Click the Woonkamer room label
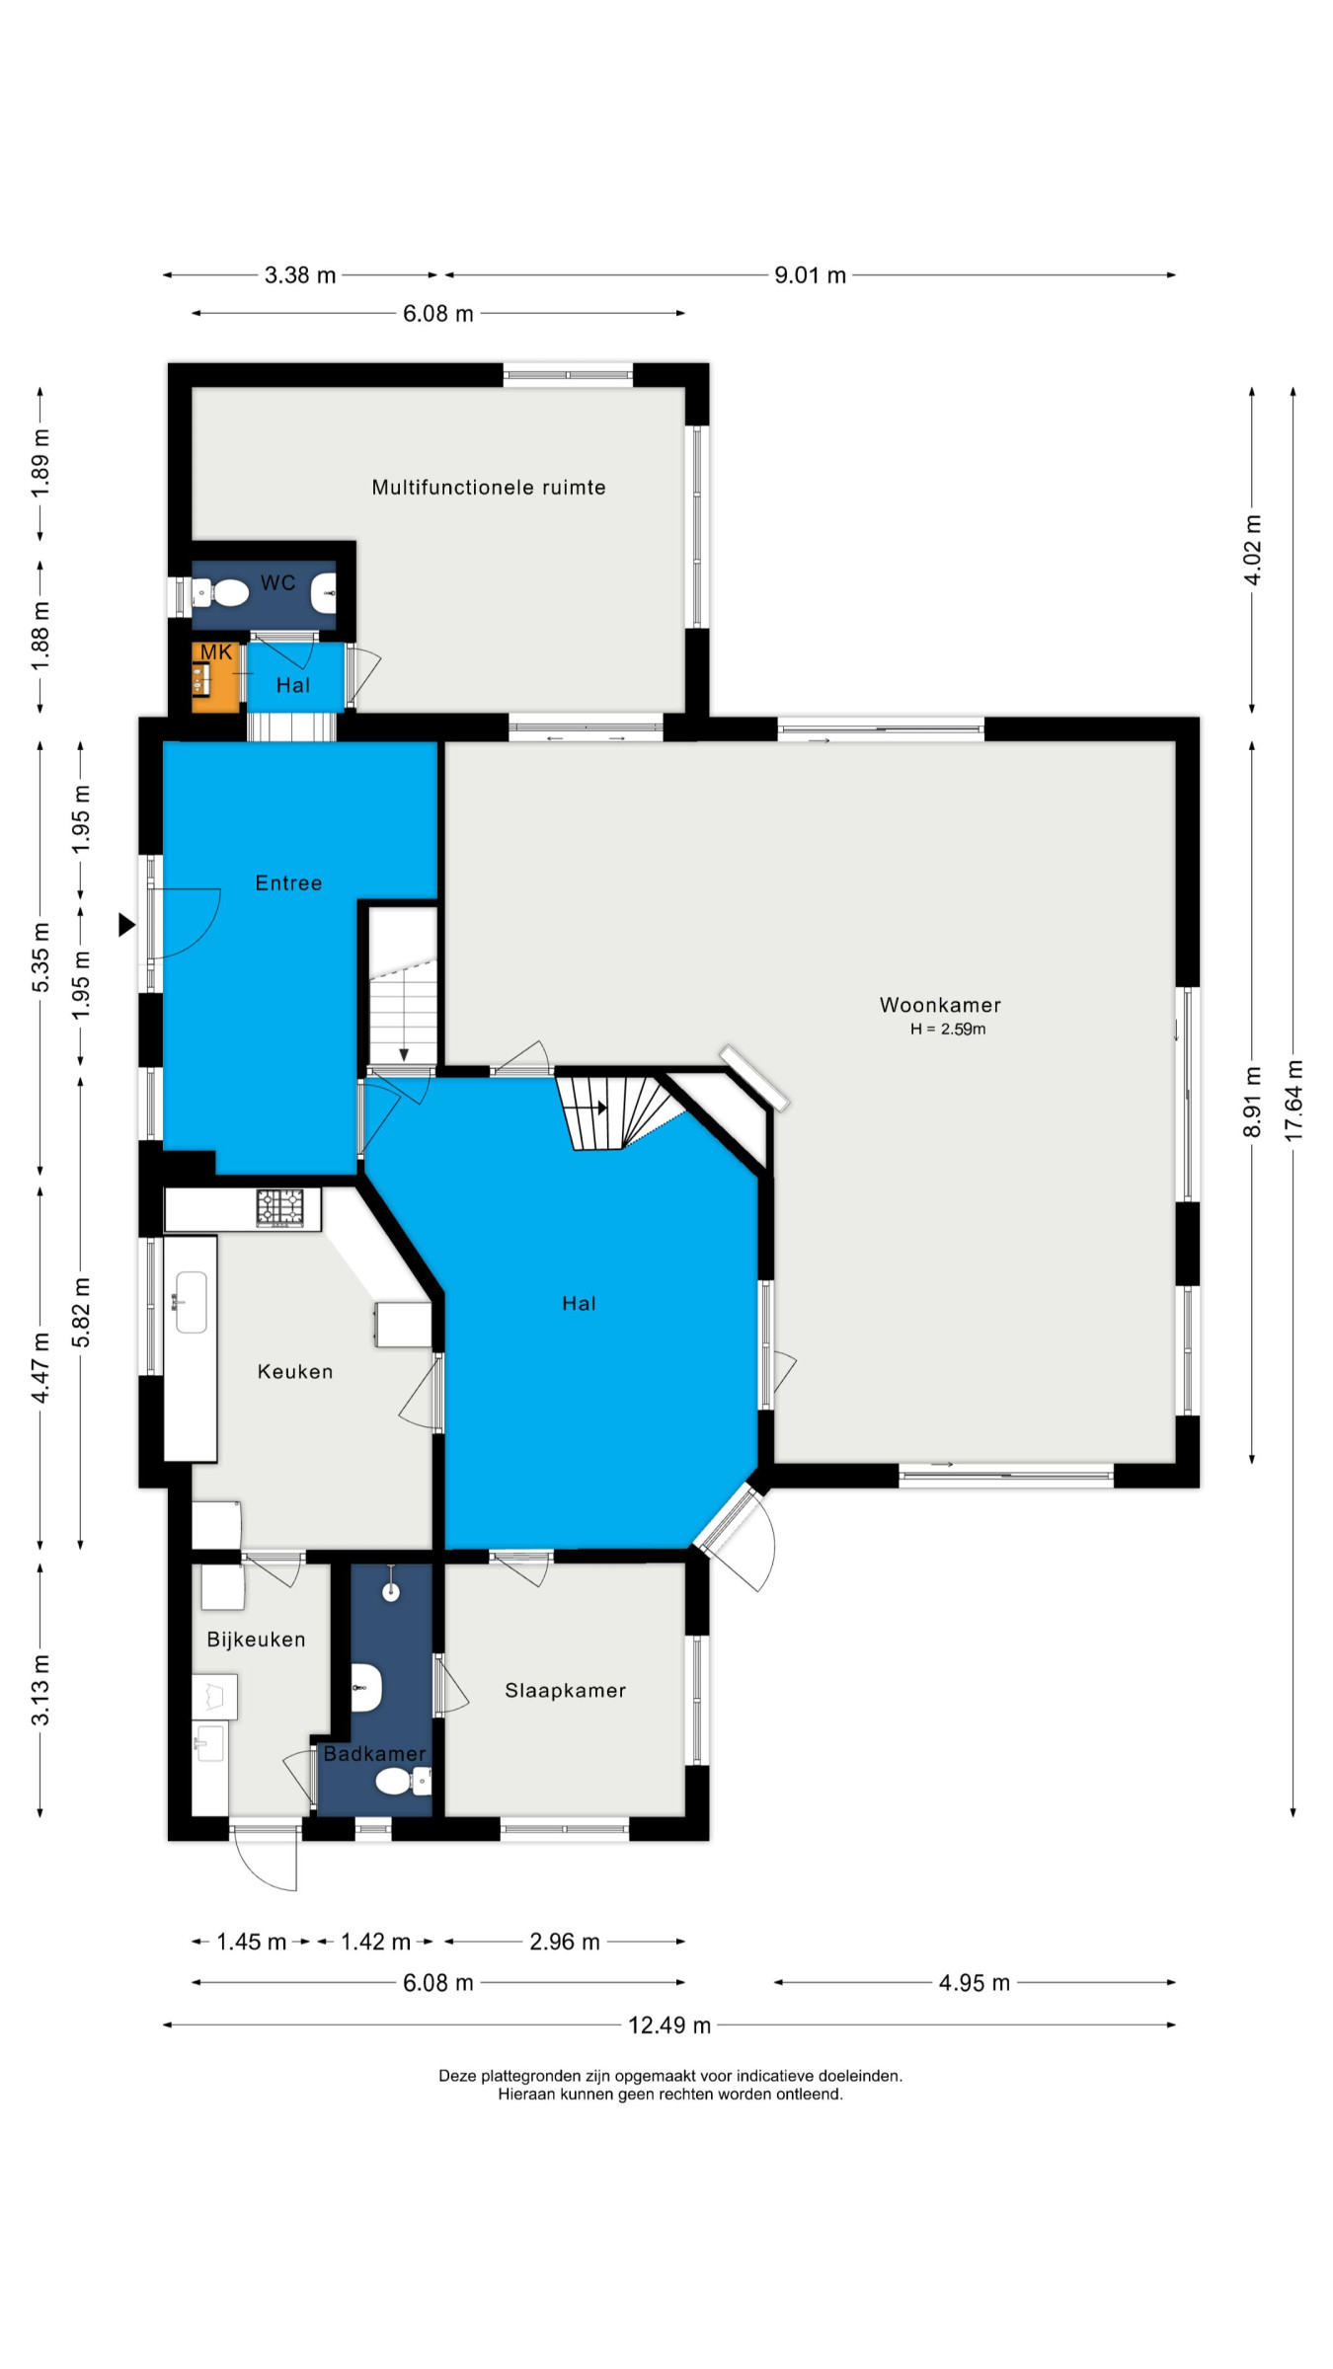click(940, 1005)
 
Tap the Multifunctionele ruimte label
click(489, 487)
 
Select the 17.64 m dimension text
click(1294, 1101)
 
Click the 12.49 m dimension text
click(669, 2025)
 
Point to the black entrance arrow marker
click(126, 925)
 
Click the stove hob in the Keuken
click(280, 1207)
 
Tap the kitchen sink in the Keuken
click(191, 1302)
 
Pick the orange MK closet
click(216, 677)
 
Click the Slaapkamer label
click(566, 1690)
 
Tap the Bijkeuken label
click(256, 1639)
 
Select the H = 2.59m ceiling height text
click(948, 1029)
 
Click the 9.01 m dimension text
click(810, 275)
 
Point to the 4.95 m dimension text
click(974, 1983)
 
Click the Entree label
click(288, 882)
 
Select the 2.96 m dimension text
click(565, 1942)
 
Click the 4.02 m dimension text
click(1252, 550)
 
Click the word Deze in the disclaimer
click(458, 2076)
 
